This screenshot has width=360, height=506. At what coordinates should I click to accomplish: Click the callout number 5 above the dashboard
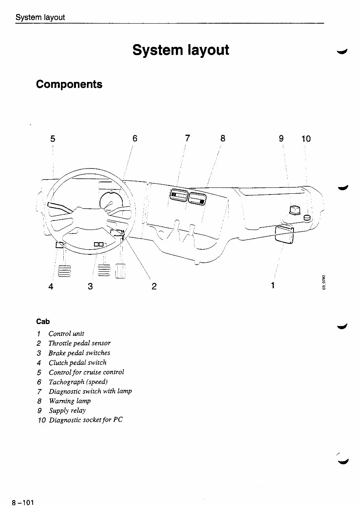coord(53,139)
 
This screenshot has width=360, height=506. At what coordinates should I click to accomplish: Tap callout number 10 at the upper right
coord(306,139)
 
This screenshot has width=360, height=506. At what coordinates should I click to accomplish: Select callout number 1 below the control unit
coord(273,285)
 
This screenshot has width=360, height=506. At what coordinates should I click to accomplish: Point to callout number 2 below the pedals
coord(154,286)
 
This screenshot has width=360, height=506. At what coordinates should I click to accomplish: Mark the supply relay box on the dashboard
coord(295,211)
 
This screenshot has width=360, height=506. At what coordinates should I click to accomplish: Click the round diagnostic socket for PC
coord(308,218)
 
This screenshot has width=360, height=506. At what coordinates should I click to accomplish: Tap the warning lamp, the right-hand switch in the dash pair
coord(198,197)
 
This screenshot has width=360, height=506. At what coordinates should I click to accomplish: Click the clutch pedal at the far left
coord(64,272)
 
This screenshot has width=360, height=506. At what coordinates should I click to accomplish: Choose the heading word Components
coord(69,84)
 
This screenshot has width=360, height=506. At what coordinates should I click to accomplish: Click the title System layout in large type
coord(181,50)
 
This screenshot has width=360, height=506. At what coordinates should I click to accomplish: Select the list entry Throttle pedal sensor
coord(79,343)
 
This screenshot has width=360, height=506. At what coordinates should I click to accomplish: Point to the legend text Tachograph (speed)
coord(78,382)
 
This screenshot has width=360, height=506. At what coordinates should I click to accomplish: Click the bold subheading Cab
coord(43,322)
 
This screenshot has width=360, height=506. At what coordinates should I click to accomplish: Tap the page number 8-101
coord(23,502)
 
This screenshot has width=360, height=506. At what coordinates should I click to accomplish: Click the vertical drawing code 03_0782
coord(324,282)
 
